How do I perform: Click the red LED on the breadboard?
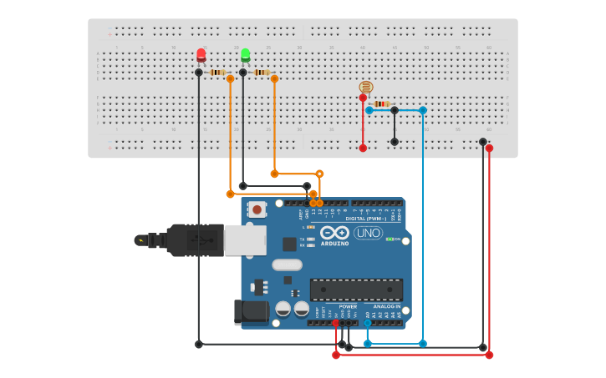(x=201, y=55)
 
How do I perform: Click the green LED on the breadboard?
(x=245, y=55)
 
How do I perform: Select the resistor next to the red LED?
(x=216, y=73)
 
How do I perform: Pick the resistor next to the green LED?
(x=261, y=73)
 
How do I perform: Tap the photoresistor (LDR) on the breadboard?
(x=365, y=87)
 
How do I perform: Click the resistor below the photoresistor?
(x=381, y=103)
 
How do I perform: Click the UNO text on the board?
(x=368, y=233)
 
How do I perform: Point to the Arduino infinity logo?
(x=334, y=234)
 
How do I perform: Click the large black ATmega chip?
(x=356, y=290)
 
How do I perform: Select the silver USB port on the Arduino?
(x=245, y=240)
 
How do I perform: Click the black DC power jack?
(x=251, y=312)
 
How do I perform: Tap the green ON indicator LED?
(x=389, y=239)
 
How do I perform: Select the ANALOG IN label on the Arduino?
(x=387, y=306)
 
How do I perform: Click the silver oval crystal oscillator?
(x=287, y=265)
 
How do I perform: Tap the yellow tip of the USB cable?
(x=140, y=240)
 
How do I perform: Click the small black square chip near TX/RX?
(x=289, y=244)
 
